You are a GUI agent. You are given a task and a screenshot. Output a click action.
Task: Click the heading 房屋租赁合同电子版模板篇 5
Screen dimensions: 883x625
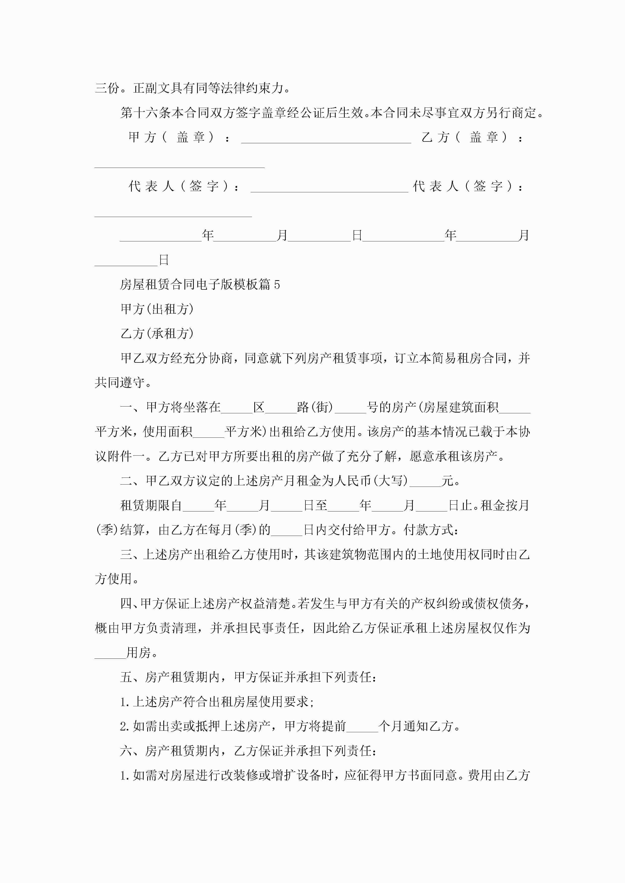click(200, 285)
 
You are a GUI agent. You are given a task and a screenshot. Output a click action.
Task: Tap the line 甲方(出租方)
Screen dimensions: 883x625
click(157, 309)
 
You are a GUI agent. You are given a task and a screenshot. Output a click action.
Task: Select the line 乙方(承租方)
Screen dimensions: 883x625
click(157, 334)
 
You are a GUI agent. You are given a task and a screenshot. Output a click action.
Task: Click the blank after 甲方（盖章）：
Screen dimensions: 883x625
click(326, 138)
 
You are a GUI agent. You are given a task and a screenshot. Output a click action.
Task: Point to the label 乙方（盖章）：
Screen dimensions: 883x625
click(473, 137)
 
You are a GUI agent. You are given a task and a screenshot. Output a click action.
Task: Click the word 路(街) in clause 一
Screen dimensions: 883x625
click(315, 407)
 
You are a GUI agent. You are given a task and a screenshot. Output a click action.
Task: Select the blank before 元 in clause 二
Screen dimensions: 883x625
click(425, 481)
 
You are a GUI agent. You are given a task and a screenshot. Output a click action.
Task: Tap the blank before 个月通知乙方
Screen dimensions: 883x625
click(362, 726)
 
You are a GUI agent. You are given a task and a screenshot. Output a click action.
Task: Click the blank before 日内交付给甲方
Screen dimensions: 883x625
click(287, 530)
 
